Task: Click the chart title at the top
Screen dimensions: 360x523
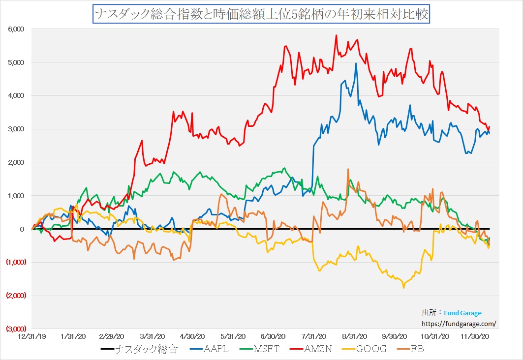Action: click(x=261, y=14)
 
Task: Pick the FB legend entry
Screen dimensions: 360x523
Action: click(x=416, y=350)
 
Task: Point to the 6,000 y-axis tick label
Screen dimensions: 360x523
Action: click(x=16, y=29)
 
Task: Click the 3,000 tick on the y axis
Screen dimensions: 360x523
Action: click(x=16, y=129)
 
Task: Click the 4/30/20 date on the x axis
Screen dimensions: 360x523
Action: click(x=193, y=336)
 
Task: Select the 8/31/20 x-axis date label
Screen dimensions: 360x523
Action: click(x=355, y=336)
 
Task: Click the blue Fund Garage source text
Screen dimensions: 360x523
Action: click(x=462, y=313)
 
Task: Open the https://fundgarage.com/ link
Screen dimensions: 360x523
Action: click(x=460, y=324)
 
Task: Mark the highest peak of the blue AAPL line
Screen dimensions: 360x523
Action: click(x=356, y=63)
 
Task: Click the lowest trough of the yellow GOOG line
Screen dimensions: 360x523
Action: click(x=403, y=288)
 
